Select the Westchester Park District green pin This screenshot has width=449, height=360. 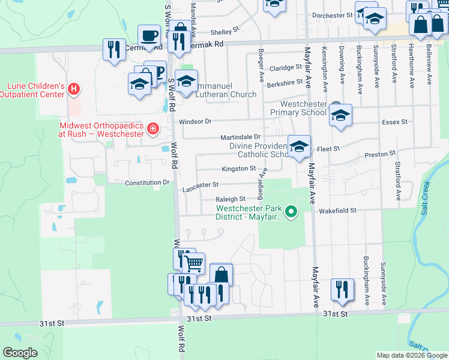(291, 211)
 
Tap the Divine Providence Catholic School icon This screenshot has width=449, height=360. (299, 147)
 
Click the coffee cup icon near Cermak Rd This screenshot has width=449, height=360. (148, 36)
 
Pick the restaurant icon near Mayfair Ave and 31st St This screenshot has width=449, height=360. (341, 289)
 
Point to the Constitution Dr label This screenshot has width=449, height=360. (146, 182)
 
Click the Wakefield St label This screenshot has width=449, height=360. (337, 211)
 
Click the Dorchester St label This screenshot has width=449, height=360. (331, 16)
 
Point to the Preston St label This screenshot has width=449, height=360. (380, 154)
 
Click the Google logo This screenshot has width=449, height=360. (20, 353)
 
